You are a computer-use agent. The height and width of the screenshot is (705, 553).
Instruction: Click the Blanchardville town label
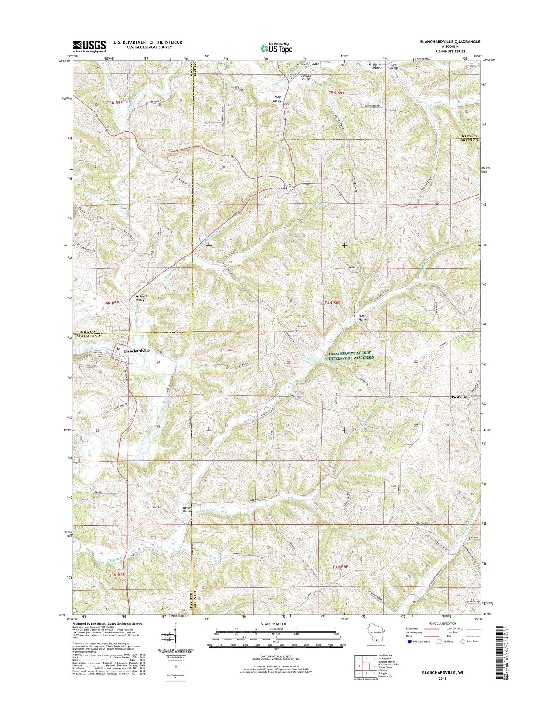click(x=137, y=350)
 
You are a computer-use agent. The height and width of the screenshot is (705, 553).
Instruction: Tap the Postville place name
click(x=459, y=397)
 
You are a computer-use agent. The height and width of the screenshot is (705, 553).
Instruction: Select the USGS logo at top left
click(x=90, y=46)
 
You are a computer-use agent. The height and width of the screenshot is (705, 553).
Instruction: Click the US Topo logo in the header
click(x=276, y=48)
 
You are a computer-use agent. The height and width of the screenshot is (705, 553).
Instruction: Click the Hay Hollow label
click(x=363, y=317)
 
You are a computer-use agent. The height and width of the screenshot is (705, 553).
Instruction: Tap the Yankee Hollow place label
click(x=187, y=509)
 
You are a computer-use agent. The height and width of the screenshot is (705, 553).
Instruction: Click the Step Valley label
click(x=277, y=99)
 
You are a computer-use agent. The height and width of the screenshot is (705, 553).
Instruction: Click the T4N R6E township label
click(x=332, y=303)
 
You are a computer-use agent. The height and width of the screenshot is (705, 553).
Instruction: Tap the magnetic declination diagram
click(x=175, y=639)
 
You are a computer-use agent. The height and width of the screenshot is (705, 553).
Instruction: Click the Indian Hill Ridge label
click(x=307, y=64)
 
